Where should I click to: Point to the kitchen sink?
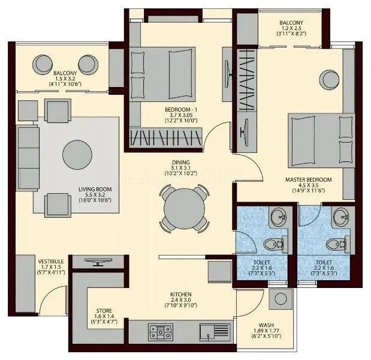tap(213, 329)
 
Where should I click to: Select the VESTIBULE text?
tap(52, 262)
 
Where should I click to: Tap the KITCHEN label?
tap(180, 295)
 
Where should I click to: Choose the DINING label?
tap(180, 163)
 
